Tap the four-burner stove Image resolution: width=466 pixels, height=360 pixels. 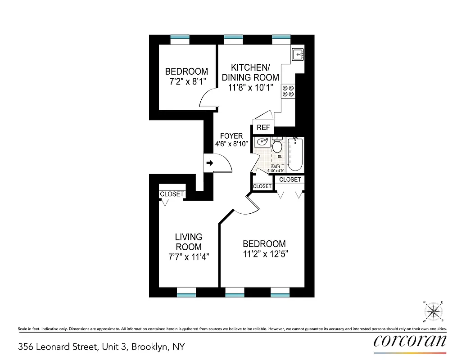pos(287,91)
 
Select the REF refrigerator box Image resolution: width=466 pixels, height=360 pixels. pos(263,127)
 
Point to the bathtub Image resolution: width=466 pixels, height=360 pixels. pos(295,154)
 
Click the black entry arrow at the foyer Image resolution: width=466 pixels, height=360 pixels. pos(209,163)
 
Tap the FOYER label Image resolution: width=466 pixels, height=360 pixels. pos(231,136)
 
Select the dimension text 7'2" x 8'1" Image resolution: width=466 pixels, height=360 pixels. pos(186,82)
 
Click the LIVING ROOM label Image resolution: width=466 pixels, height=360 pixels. pos(189,242)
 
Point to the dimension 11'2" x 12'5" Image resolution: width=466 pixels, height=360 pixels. pos(264,254)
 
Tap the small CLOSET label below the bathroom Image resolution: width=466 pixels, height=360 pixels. pos(262,186)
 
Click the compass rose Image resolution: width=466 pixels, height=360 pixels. pos(434,311)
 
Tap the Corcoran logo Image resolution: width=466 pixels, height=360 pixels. pos(410,341)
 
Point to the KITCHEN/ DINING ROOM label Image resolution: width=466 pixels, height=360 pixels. pos(250,77)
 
